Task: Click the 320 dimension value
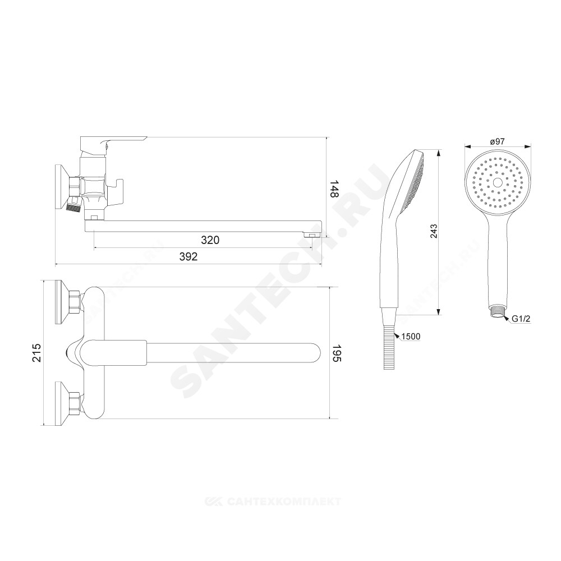[210, 240]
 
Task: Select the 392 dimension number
[188, 256]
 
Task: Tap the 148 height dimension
[334, 188]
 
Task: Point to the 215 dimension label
[37, 352]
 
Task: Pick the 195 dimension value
[338, 353]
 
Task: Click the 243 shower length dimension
[434, 232]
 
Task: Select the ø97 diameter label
[497, 142]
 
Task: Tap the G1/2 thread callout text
[521, 319]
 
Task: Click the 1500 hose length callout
[411, 337]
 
